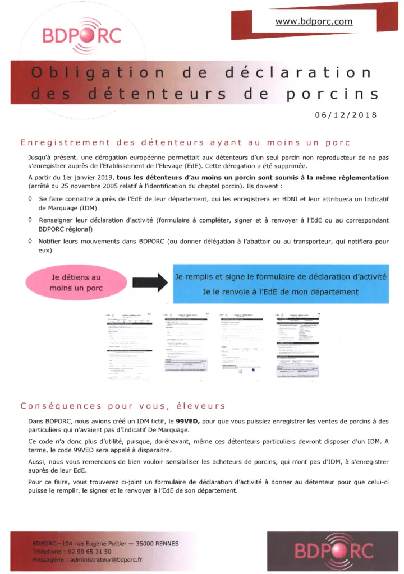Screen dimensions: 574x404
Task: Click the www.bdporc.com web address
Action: click(x=314, y=22)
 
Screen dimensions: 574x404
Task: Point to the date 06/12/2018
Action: click(x=346, y=115)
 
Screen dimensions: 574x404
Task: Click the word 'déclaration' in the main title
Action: click(x=297, y=73)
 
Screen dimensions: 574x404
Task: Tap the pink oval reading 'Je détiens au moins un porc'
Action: click(x=76, y=283)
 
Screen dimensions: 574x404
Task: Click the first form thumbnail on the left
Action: click(x=130, y=345)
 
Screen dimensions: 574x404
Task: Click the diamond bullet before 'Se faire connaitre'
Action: click(x=29, y=199)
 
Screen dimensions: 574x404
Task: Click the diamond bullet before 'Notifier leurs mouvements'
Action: click(x=29, y=241)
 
